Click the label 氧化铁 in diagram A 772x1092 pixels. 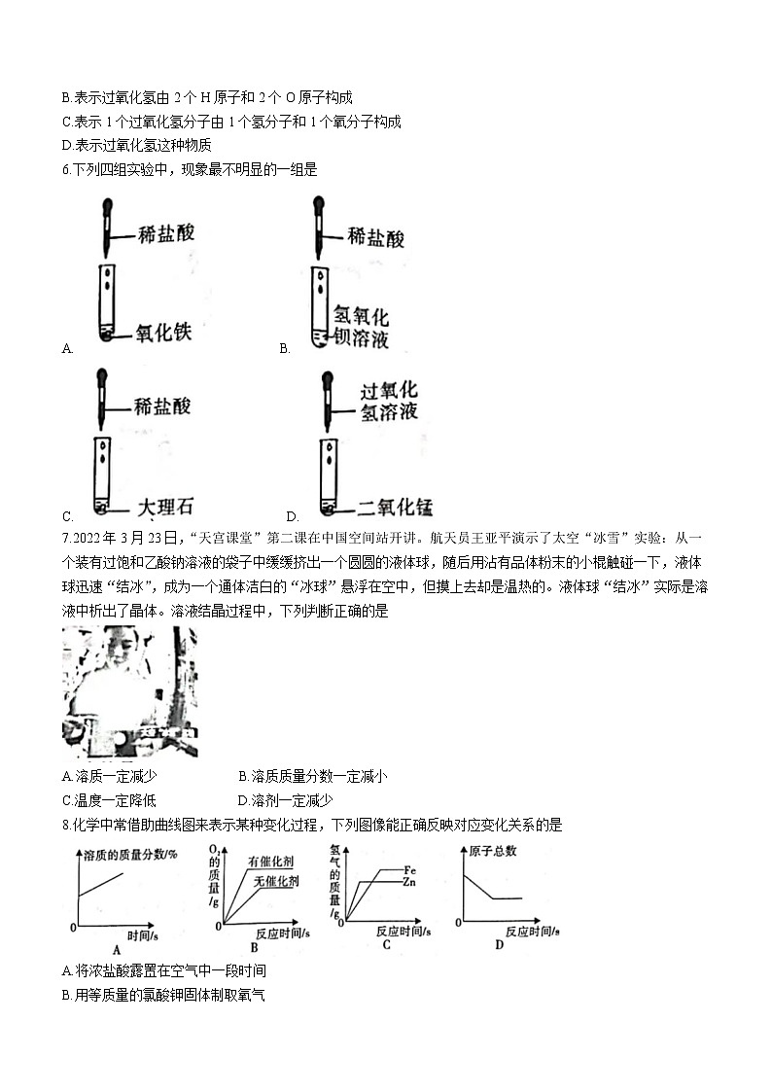[163, 333]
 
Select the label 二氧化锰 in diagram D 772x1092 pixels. [394, 507]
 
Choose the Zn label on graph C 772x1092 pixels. [412, 882]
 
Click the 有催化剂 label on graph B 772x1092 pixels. [271, 862]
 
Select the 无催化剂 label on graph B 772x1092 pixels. [276, 881]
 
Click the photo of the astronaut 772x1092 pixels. [129, 691]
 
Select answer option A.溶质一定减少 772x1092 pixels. [109, 776]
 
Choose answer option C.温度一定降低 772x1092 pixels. [109, 800]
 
